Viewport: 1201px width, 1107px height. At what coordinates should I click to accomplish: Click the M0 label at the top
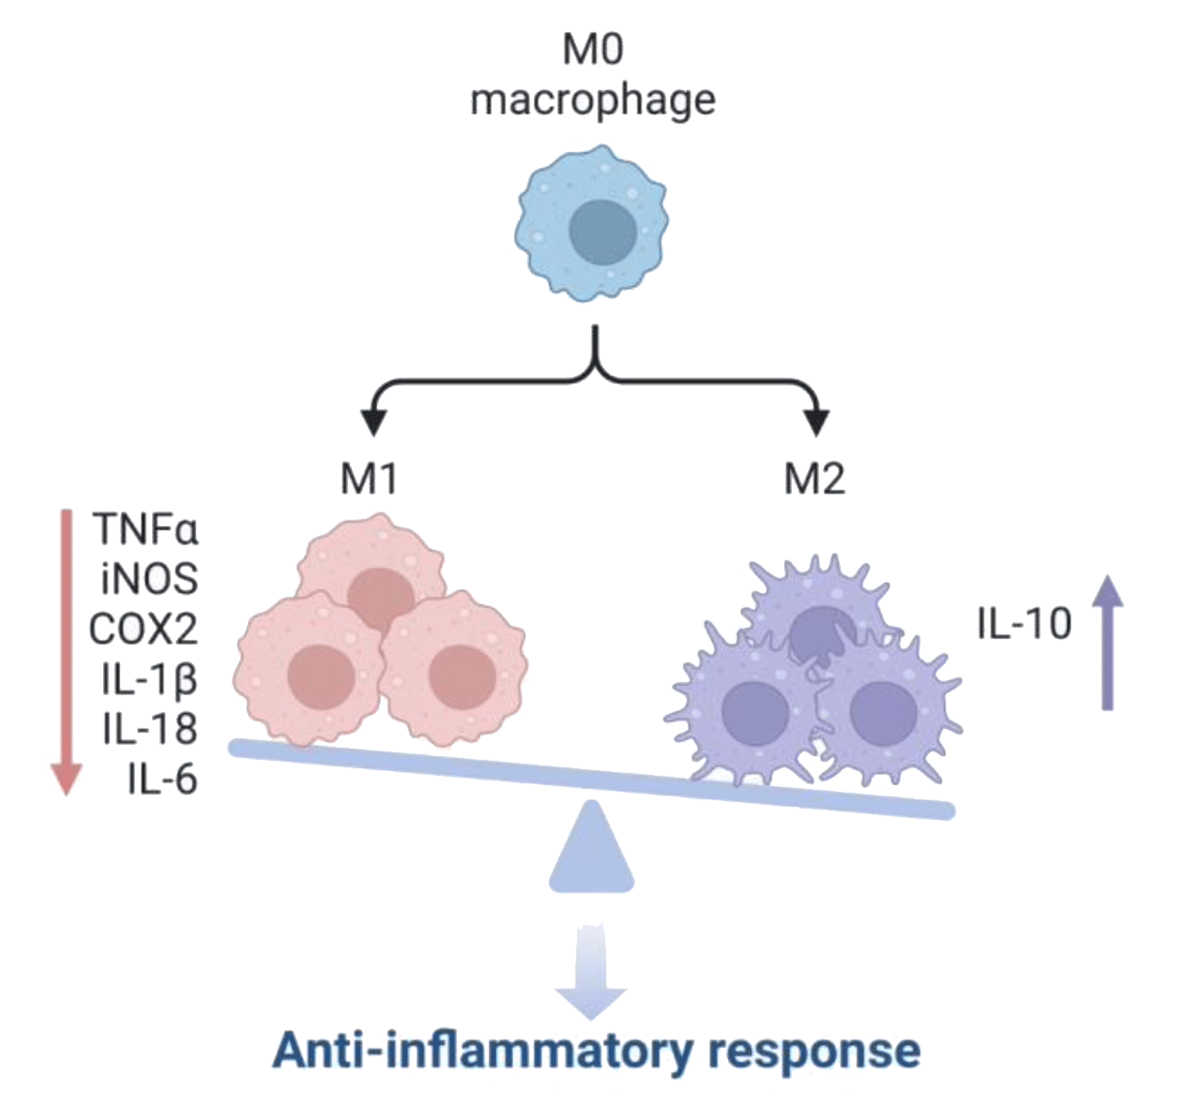coord(592,53)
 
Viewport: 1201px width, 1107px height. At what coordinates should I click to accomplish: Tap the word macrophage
coord(592,100)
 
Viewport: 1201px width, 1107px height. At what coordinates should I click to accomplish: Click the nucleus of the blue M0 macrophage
coord(592,231)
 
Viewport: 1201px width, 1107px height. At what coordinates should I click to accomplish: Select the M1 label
coord(369,479)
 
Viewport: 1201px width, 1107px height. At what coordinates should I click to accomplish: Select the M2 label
coord(814,479)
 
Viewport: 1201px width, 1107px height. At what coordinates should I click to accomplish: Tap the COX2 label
coord(144,629)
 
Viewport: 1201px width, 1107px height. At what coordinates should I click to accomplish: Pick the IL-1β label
coord(150,679)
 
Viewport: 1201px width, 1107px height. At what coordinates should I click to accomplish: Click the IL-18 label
coord(150,730)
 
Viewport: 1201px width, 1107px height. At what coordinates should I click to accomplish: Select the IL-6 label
coord(162,780)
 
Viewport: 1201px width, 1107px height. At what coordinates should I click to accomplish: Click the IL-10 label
coord(1024,623)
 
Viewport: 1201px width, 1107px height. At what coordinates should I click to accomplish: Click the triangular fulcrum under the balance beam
coord(592,850)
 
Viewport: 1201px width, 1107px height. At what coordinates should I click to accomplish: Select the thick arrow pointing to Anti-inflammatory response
coord(590,976)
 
